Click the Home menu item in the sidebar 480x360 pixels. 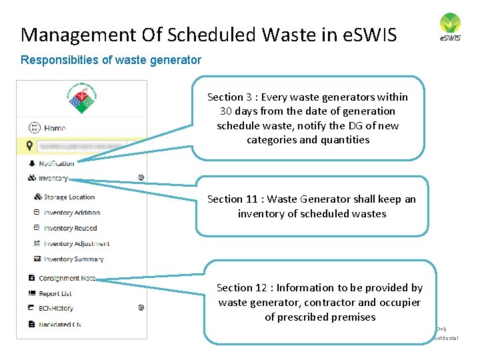55,127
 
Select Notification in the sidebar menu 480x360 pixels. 56,163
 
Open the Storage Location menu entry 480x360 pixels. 69,197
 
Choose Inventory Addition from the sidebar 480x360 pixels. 71,213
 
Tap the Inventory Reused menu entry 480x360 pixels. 70,228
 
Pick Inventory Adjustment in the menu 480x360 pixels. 76,243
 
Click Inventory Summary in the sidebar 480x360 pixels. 73,259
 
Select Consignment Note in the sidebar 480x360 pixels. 67,278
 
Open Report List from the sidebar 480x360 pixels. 55,293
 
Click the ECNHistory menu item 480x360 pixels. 55,308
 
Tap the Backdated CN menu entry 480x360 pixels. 59,324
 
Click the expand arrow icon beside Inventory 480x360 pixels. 141,177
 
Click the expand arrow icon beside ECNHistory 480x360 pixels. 141,307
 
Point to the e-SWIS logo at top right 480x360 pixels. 450,27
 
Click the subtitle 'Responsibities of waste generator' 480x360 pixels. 111,60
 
